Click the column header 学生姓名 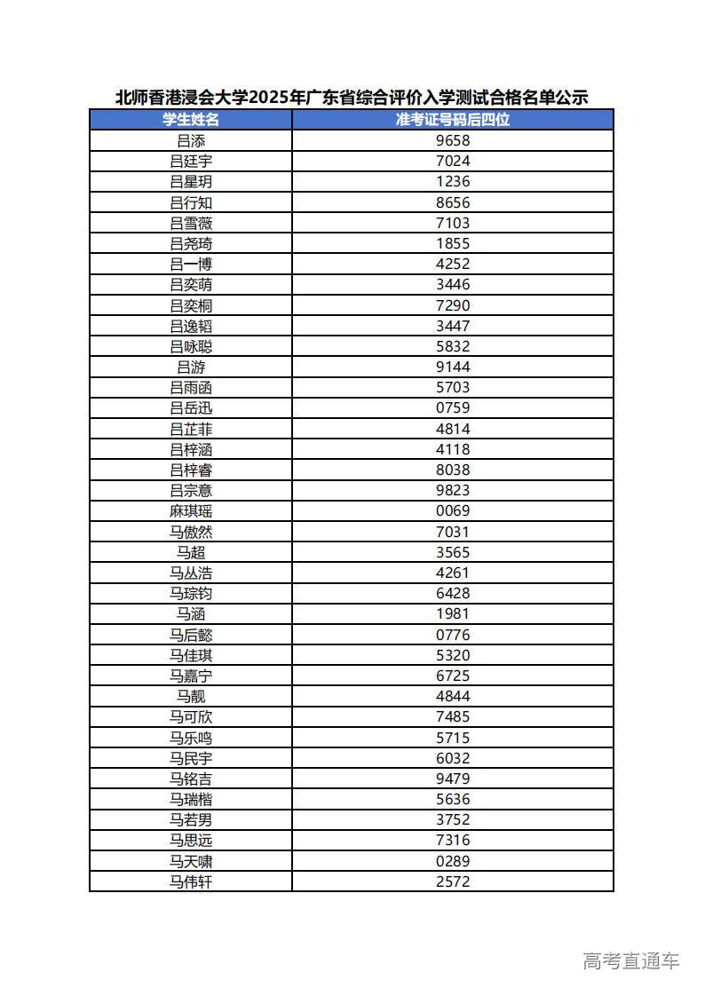(191, 120)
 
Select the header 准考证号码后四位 (453, 120)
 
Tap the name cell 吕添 (191, 140)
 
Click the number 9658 (453, 140)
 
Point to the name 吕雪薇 (191, 223)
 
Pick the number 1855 (453, 243)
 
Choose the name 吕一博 (191, 264)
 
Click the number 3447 (453, 326)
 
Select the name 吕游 (191, 367)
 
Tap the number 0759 (453, 408)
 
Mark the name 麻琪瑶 (191, 511)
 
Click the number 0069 (453, 511)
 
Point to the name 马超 (191, 552)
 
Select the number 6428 (453, 593)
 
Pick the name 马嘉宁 (191, 676)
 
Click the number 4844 (453, 696)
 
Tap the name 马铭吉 (191, 779)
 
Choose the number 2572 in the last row (453, 881)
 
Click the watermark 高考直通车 (630, 960)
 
